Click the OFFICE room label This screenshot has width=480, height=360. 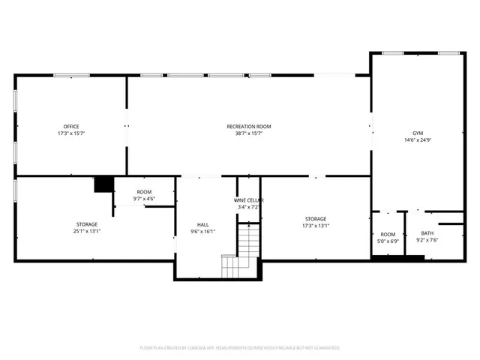click(x=71, y=126)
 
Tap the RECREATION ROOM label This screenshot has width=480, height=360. click(x=249, y=126)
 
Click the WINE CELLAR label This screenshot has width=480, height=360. click(x=249, y=200)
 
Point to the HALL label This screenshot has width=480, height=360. click(x=203, y=224)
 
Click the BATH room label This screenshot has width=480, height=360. click(x=427, y=233)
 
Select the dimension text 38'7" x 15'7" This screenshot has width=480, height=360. click(x=249, y=133)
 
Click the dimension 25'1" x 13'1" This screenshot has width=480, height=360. click(x=86, y=231)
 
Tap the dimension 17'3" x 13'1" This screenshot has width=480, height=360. click(x=315, y=226)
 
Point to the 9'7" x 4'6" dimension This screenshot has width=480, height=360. click(x=144, y=199)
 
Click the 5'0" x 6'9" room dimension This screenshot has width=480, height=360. click(x=388, y=241)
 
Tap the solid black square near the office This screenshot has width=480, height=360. click(x=103, y=184)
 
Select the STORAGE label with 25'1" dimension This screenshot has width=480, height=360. click(x=86, y=224)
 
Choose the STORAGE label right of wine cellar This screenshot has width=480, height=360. click(x=315, y=219)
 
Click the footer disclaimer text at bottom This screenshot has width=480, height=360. click(x=240, y=348)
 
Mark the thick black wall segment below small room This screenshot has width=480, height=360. click(x=397, y=259)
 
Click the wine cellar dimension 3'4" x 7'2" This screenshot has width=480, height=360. click(x=249, y=207)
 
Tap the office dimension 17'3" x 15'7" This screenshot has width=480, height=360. click(x=71, y=133)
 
